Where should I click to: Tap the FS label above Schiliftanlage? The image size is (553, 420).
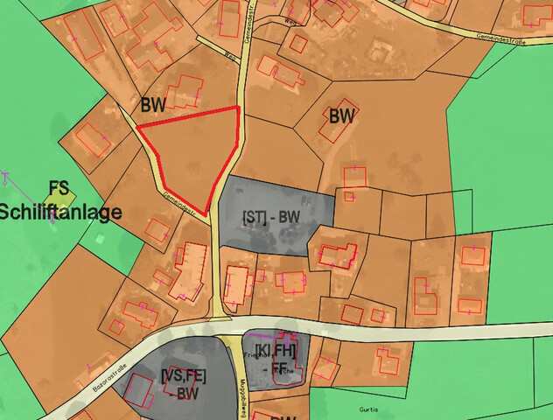pos(59,188)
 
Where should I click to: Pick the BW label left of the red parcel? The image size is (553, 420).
pos(154,105)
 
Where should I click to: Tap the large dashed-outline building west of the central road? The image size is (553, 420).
pos(188,270)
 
